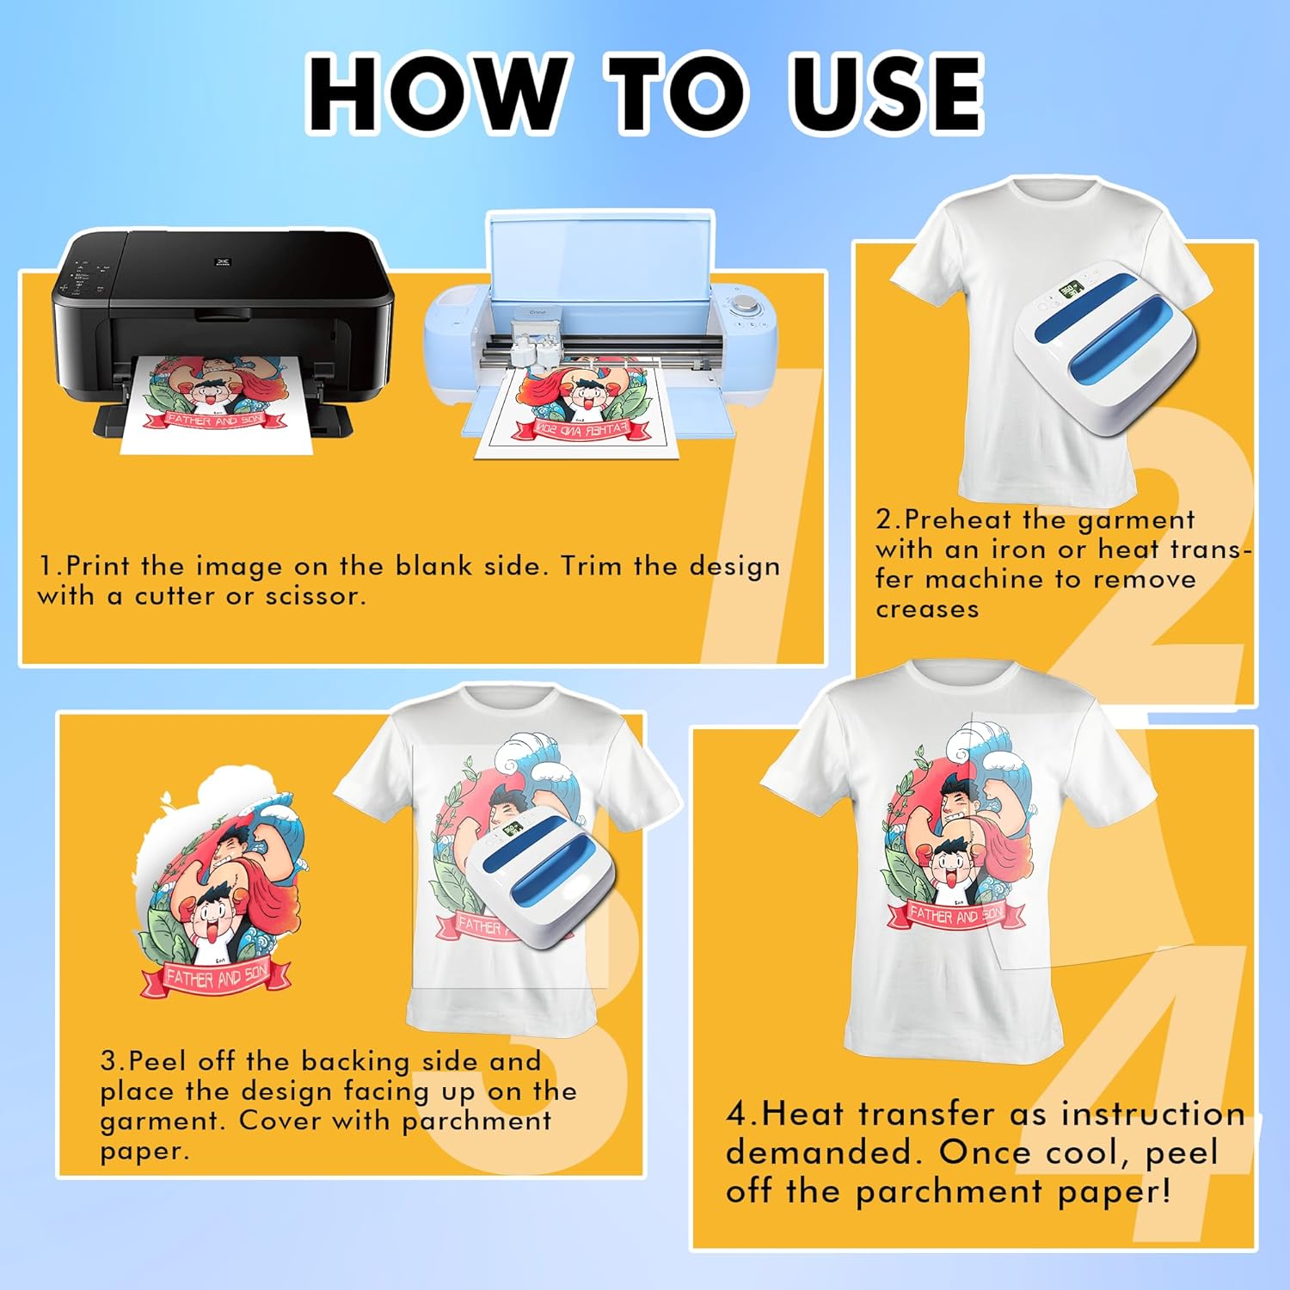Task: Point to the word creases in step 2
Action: [927, 609]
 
